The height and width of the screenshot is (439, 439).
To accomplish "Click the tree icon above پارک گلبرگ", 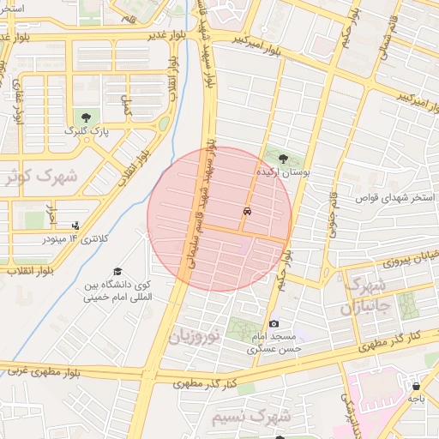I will coord(85,117).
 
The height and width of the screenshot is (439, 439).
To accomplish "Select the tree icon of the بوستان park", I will coord(284,157).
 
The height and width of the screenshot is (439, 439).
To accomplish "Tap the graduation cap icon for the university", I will coord(117,271).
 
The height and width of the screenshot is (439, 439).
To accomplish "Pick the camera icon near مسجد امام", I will coord(274,323).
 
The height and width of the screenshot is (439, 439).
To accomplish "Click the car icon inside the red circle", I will coord(247,211).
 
